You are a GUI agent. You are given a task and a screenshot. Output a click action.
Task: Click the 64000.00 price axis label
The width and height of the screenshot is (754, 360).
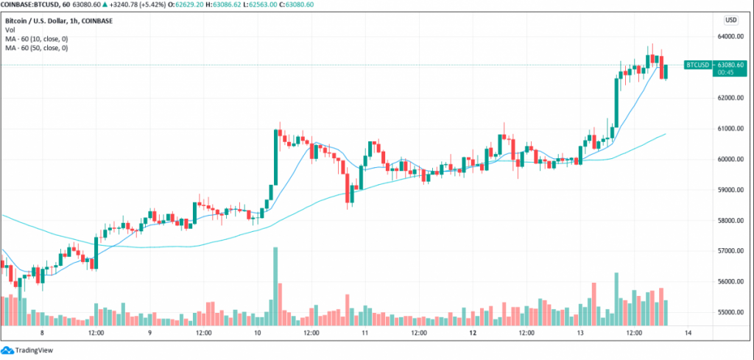click(x=731, y=36)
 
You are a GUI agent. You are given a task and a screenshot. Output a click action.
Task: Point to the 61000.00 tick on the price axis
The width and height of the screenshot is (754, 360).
click(x=731, y=129)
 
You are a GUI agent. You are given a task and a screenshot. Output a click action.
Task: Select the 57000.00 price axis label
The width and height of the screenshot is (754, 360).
click(x=731, y=251)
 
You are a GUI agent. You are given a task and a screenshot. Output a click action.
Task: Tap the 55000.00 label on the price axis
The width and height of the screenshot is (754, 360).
click(x=731, y=312)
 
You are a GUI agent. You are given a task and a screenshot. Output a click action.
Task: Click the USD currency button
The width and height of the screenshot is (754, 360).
click(x=731, y=20)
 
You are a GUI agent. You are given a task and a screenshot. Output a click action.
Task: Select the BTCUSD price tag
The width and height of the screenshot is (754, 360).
click(x=697, y=65)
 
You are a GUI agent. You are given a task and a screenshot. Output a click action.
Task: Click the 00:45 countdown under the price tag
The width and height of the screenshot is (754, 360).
click(x=696, y=72)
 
